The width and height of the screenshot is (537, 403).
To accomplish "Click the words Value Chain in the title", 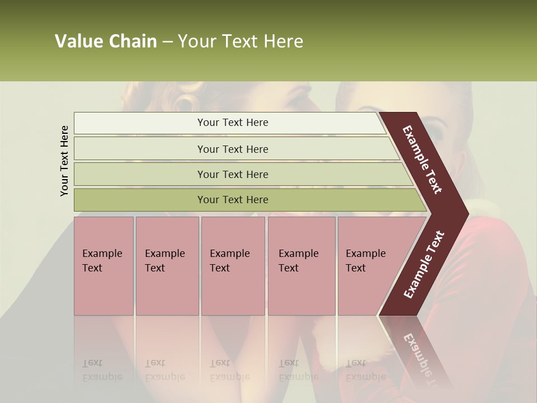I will pyautogui.click(x=106, y=41).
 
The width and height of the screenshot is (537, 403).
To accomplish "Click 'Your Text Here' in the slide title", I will pyautogui.click(x=241, y=41).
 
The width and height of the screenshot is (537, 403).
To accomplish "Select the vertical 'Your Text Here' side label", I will pyautogui.click(x=65, y=161).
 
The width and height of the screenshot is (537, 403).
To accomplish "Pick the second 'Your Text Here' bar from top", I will pyautogui.click(x=233, y=149).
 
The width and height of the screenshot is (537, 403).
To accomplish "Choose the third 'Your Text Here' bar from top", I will pyautogui.click(x=233, y=174).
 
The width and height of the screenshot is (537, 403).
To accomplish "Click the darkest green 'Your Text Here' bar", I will pyautogui.click(x=233, y=200).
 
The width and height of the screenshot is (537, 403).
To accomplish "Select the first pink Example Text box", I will pyautogui.click(x=103, y=266).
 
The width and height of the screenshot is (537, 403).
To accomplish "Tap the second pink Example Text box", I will pyautogui.click(x=167, y=266).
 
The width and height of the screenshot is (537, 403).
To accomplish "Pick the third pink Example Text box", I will pyautogui.click(x=233, y=266).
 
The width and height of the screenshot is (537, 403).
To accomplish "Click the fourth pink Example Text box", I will pyautogui.click(x=302, y=266).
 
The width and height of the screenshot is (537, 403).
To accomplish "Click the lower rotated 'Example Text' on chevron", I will pyautogui.click(x=424, y=264).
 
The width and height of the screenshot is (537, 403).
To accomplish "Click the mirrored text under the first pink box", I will pyautogui.click(x=102, y=370).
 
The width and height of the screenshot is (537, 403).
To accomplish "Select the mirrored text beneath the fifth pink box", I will pyautogui.click(x=365, y=370).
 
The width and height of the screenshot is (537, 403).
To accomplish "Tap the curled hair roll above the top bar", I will pyautogui.click(x=185, y=101).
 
